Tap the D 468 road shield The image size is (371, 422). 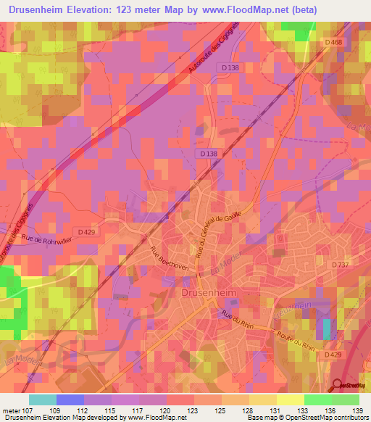click(x=333, y=43)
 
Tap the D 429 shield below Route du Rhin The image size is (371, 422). click(x=333, y=354)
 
